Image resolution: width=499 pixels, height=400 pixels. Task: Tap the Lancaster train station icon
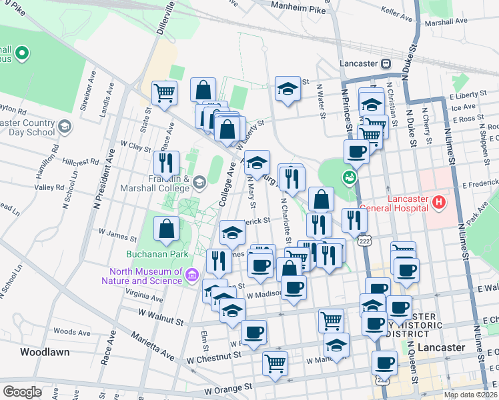point(386,63)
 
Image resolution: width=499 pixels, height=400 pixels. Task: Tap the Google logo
point(22,391)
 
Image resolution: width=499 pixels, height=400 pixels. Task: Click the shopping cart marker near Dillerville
point(164,93)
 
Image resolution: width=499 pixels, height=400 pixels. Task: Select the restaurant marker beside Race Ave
point(166,162)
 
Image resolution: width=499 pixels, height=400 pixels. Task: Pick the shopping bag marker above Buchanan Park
point(166,229)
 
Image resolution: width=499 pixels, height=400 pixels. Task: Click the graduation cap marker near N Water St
point(288,89)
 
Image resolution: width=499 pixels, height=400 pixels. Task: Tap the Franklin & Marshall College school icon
point(199,182)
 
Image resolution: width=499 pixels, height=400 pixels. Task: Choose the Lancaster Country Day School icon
point(65,126)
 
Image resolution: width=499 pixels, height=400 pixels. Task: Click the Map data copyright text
point(470,395)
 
